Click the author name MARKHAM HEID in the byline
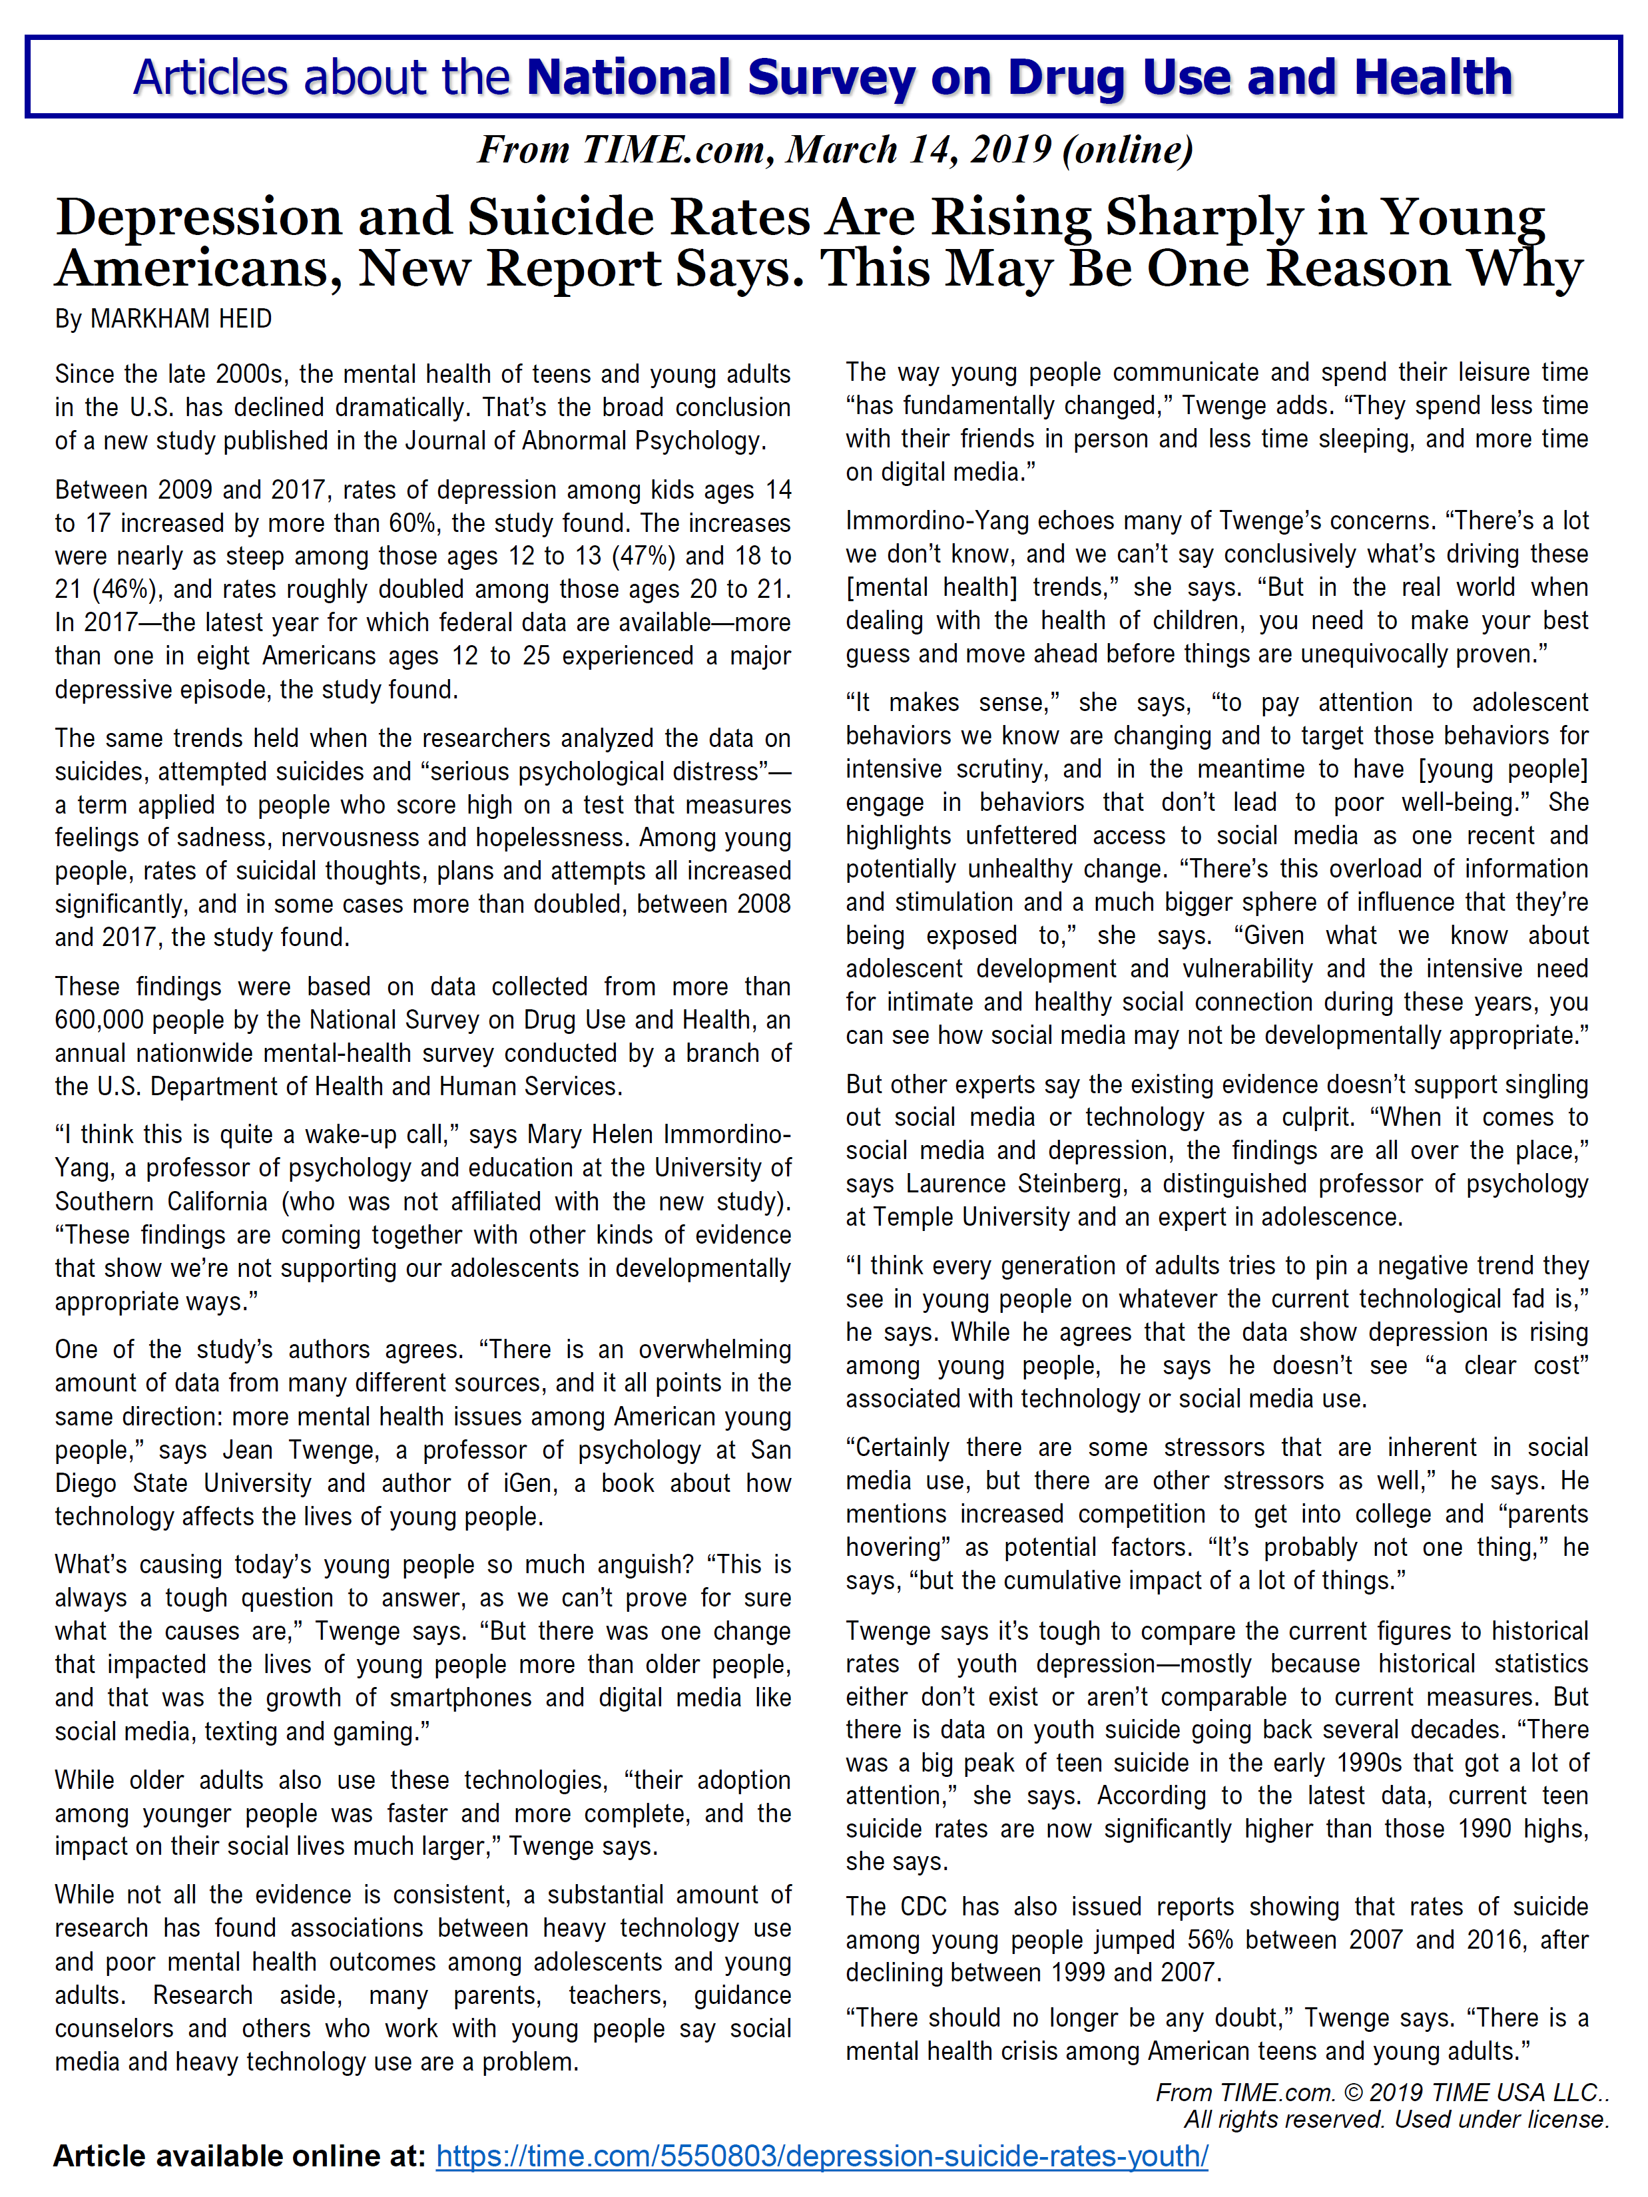coord(181,319)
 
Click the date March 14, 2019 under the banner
coord(917,150)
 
